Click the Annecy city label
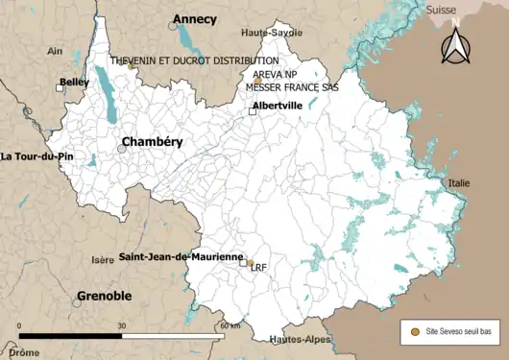196,19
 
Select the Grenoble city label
104,296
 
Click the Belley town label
74,84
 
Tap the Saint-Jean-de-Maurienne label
180,257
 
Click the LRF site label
257,269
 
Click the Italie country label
459,182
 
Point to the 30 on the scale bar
122,325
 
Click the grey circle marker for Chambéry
122,149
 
